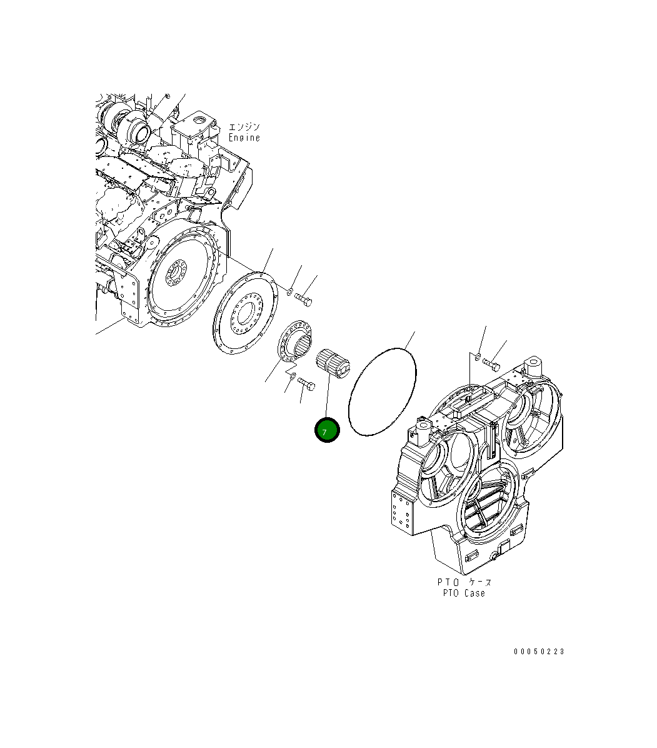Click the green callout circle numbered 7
(x=327, y=430)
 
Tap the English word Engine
(x=244, y=138)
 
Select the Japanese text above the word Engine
(x=244, y=127)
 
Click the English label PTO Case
(x=463, y=593)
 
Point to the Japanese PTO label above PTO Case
(x=464, y=582)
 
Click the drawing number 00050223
(x=539, y=651)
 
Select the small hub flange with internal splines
(x=295, y=341)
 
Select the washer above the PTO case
(x=477, y=356)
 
